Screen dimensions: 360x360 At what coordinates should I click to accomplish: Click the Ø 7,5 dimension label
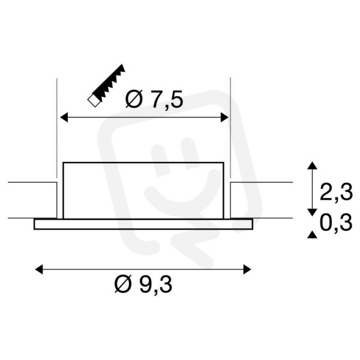[154, 99]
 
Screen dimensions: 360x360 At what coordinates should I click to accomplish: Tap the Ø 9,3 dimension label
[143, 284]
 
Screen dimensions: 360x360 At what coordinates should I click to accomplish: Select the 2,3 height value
[336, 192]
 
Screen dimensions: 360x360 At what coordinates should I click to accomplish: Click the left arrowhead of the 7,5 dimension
[64, 118]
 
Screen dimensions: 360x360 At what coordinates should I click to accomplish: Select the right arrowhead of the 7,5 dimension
[224, 118]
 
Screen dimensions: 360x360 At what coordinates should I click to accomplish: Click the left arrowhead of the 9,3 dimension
[39, 269]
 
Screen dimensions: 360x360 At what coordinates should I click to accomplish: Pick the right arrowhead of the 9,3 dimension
[247, 269]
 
